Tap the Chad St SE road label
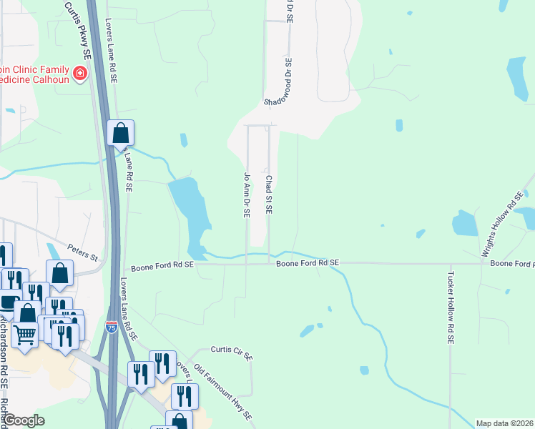coord(269,195)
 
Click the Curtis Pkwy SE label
coord(78,29)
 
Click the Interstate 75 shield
coord(112,327)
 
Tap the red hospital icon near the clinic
coord(79,72)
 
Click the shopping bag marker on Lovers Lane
coord(121,132)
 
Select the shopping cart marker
coord(24,335)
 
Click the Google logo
coord(24,420)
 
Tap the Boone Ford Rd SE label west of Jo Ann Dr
coord(159,264)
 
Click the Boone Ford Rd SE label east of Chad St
coord(308,263)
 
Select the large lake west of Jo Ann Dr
coord(190,214)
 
